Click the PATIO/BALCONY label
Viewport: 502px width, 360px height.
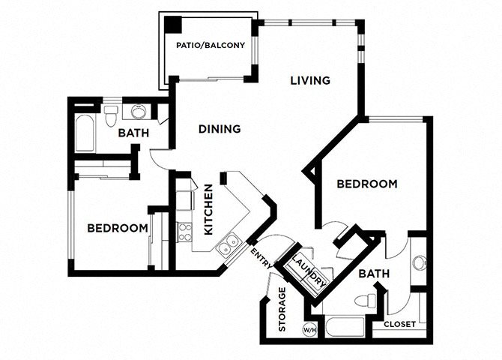(211, 46)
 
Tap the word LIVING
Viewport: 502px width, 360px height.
(311, 80)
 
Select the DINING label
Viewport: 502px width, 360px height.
(220, 129)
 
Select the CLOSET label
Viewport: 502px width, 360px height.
(400, 324)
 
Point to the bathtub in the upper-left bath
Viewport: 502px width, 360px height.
(84, 133)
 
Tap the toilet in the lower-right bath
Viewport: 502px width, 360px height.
(366, 301)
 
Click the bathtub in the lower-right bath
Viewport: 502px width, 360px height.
(344, 328)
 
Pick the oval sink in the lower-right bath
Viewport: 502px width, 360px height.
(419, 263)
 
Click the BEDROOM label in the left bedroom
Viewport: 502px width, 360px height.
(118, 229)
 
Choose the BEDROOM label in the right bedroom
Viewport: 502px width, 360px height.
(366, 184)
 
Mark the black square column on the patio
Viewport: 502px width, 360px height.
(174, 24)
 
